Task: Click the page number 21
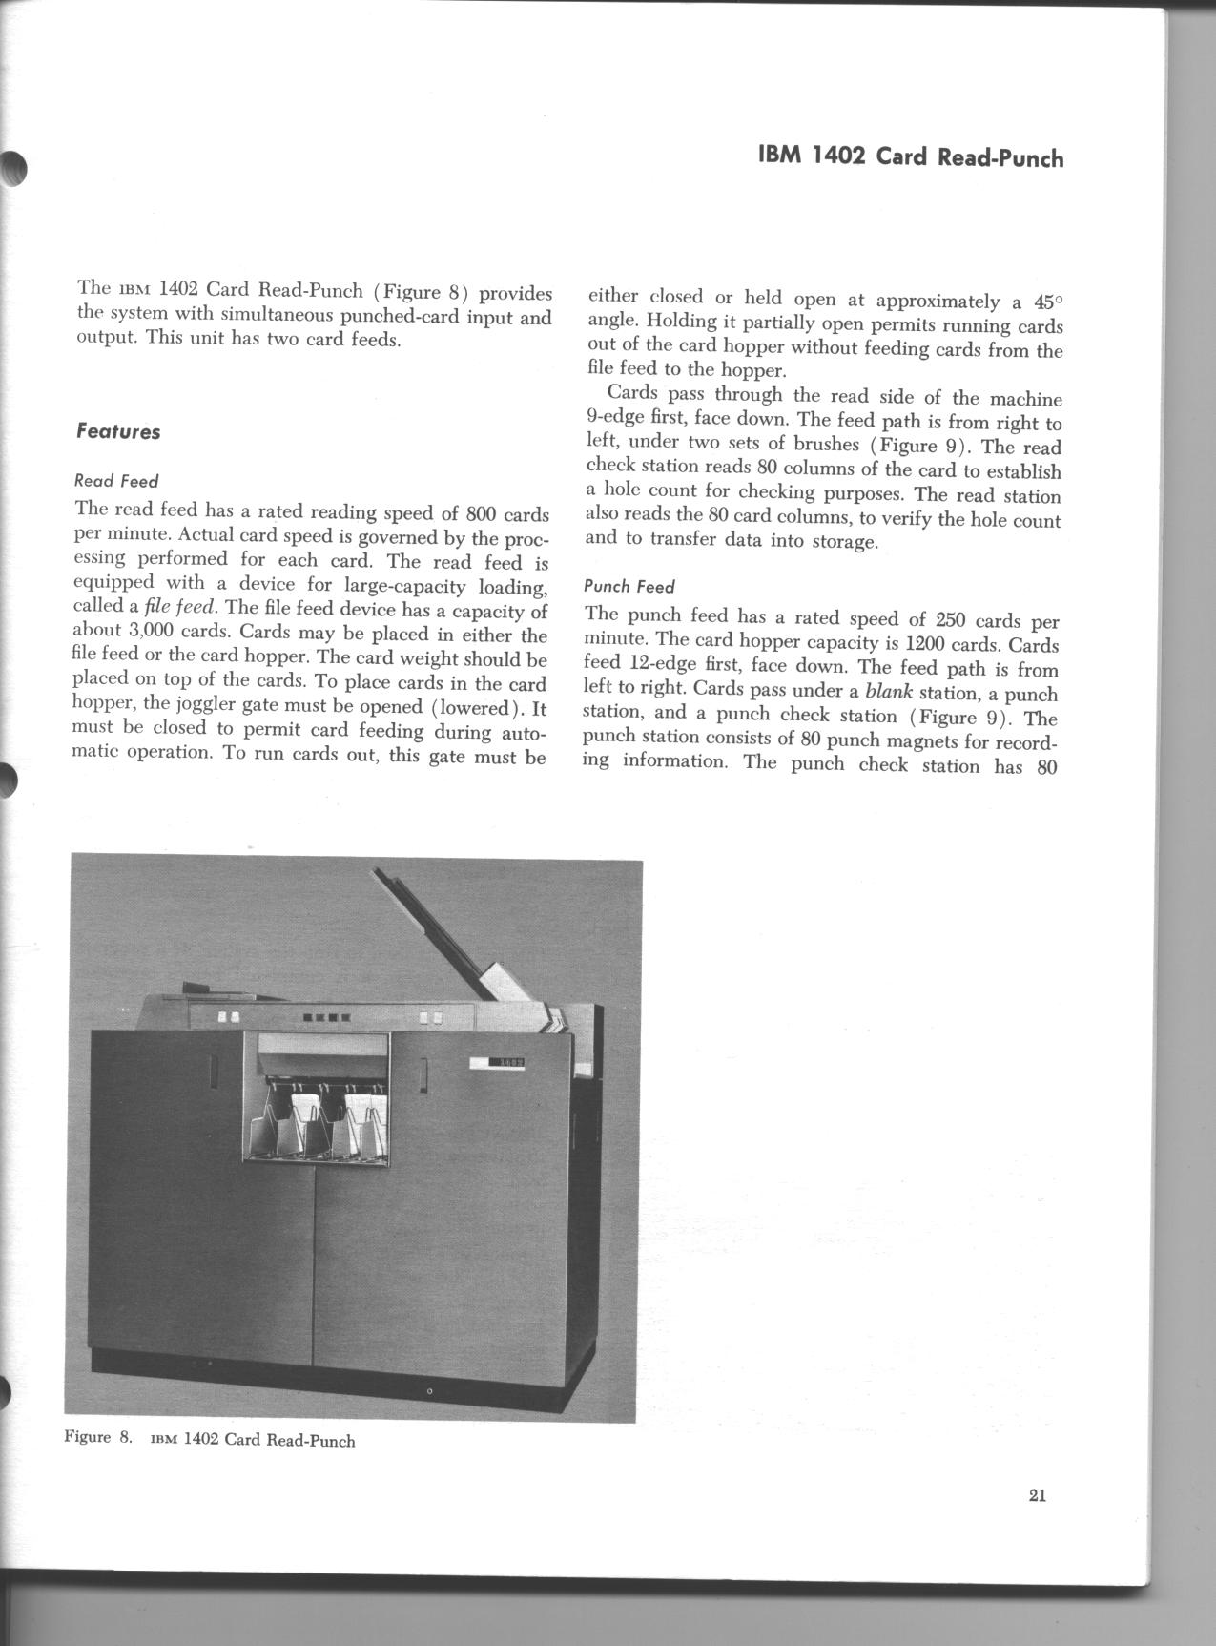[x=1038, y=1495]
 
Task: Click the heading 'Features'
[x=117, y=431]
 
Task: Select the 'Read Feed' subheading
[x=116, y=481]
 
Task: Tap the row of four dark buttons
[x=326, y=1017]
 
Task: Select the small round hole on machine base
[x=429, y=1390]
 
